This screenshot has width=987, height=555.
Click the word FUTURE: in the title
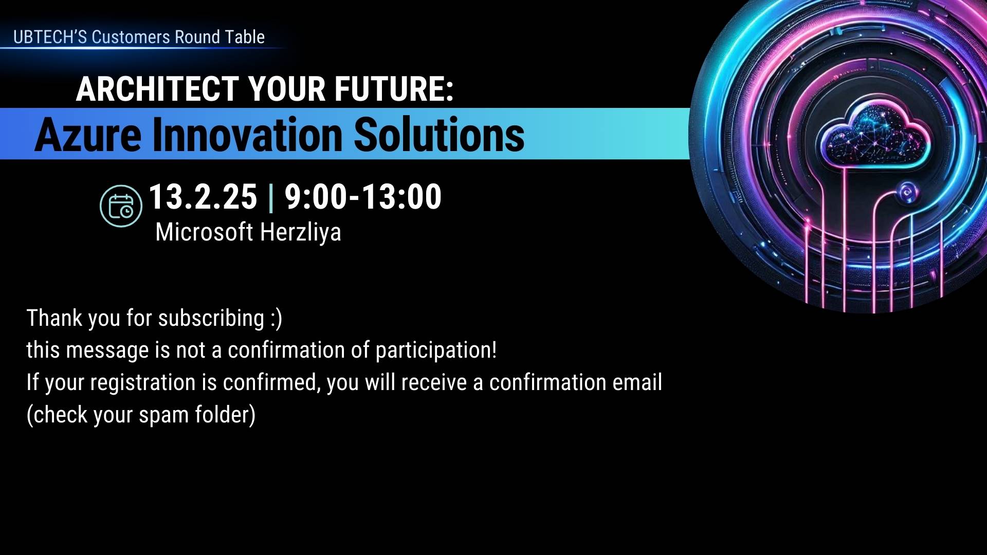pos(394,89)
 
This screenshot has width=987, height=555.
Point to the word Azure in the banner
pos(88,135)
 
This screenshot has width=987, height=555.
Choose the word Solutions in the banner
pos(440,135)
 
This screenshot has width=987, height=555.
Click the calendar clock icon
pos(121,206)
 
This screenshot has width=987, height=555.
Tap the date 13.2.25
pos(203,196)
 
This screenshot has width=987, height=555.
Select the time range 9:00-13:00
pos(363,196)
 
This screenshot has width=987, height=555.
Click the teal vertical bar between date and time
pos(271,197)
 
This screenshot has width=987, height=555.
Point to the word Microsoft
pos(204,232)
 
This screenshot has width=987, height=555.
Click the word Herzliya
pos(300,233)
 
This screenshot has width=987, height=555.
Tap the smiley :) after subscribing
pos(276,319)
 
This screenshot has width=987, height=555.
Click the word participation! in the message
pos(436,350)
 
